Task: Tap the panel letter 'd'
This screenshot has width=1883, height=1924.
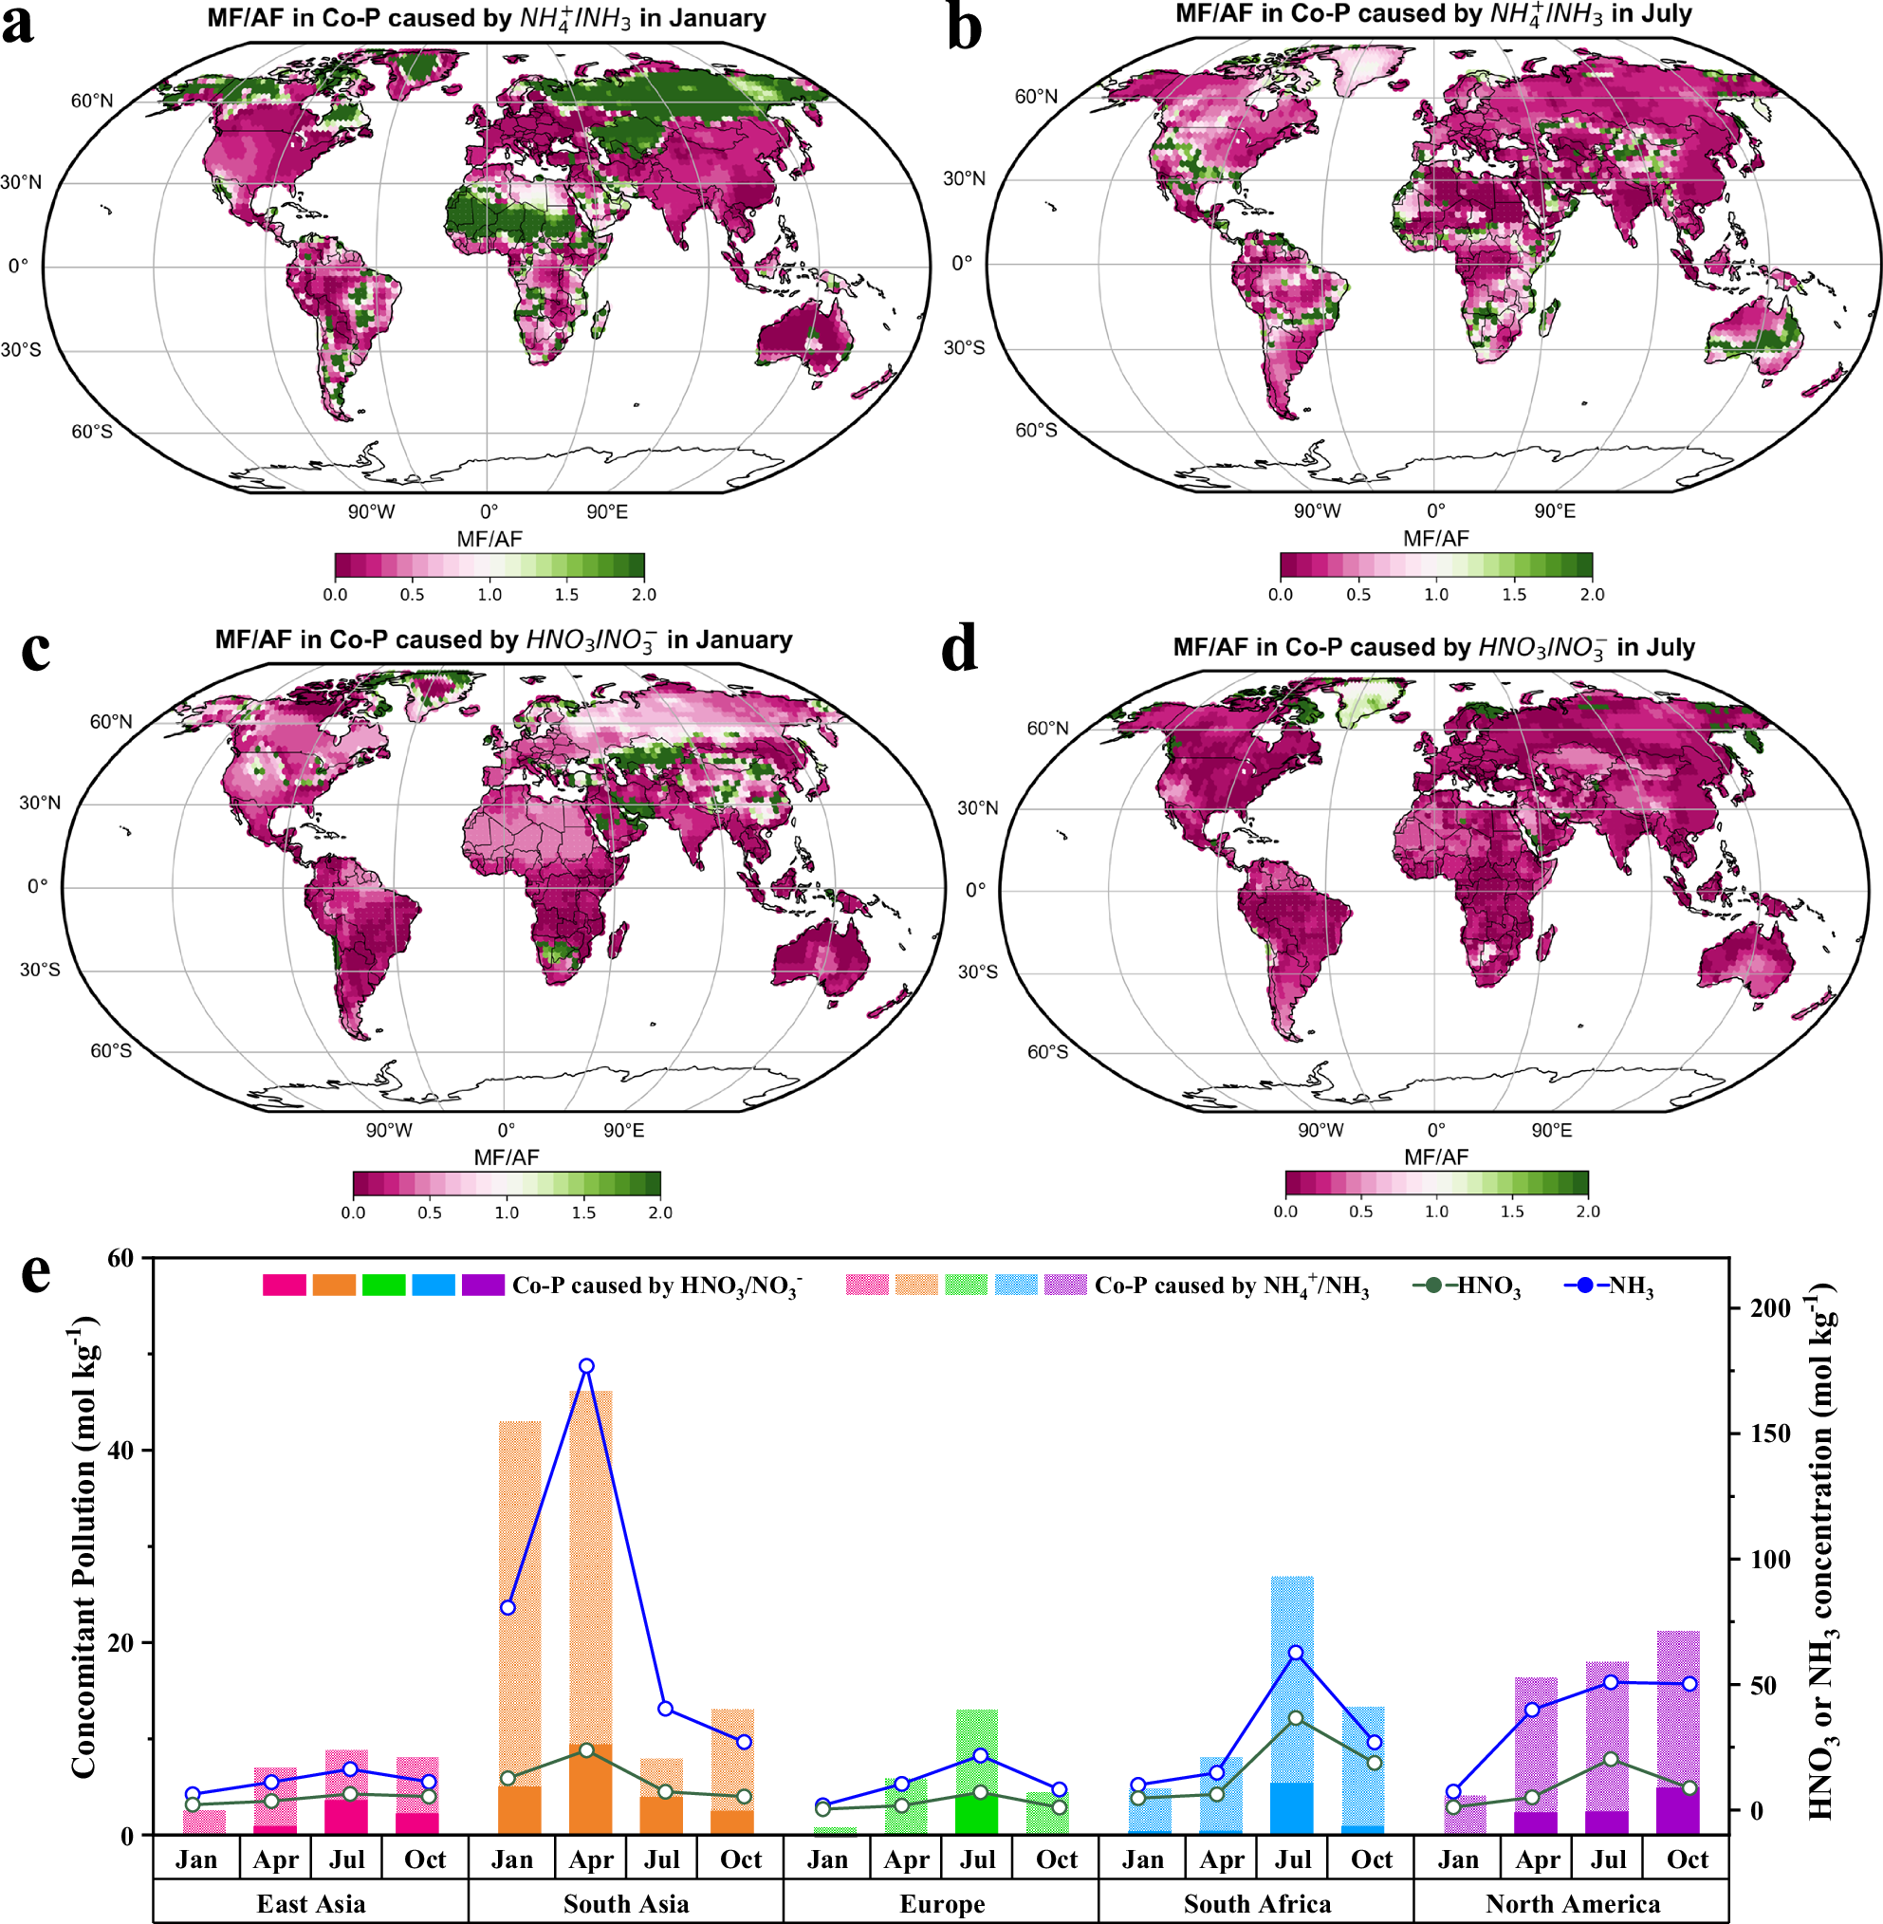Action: (x=958, y=649)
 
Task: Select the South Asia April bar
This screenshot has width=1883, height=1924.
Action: (x=590, y=1613)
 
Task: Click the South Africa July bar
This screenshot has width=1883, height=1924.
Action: (x=1293, y=1706)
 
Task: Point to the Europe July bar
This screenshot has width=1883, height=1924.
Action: (x=977, y=1771)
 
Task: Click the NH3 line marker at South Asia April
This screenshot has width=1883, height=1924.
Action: (x=586, y=1366)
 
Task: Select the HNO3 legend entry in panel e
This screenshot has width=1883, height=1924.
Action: (x=1468, y=1286)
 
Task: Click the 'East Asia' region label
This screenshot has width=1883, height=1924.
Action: (x=310, y=1903)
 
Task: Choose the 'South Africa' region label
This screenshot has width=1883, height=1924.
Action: (x=1257, y=1903)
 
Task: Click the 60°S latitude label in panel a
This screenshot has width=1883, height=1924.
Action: (x=91, y=432)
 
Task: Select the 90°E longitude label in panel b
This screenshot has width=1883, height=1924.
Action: (x=1555, y=511)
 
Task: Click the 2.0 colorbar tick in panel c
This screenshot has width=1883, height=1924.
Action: (x=659, y=1212)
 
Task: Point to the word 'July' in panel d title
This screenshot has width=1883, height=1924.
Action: (x=1655, y=648)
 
